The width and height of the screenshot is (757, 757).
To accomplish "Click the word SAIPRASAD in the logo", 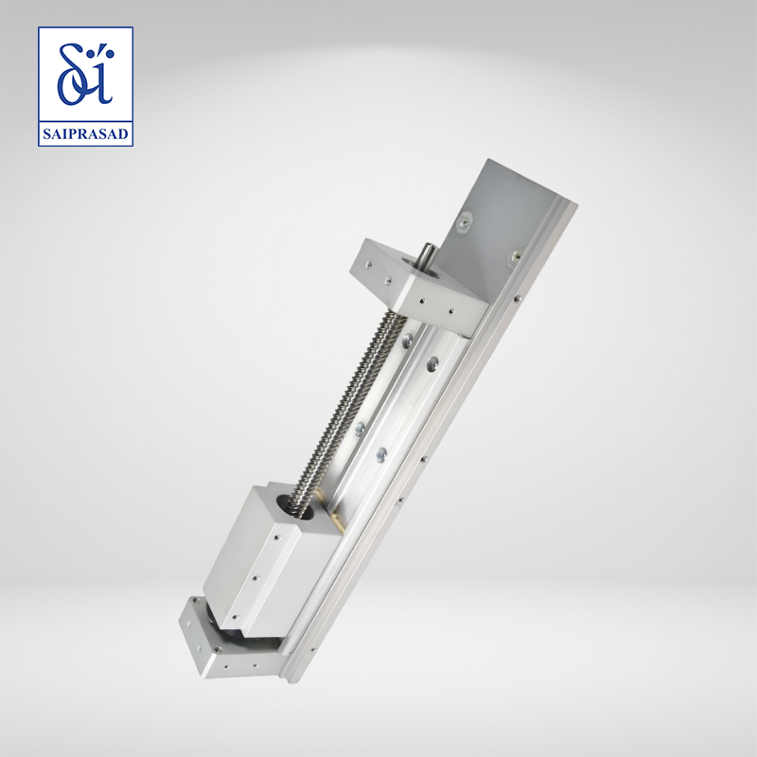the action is pos(85,133).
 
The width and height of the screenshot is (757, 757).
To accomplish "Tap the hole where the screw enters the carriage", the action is pos(294,506).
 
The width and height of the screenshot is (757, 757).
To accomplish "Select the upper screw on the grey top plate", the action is pos(465,221).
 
